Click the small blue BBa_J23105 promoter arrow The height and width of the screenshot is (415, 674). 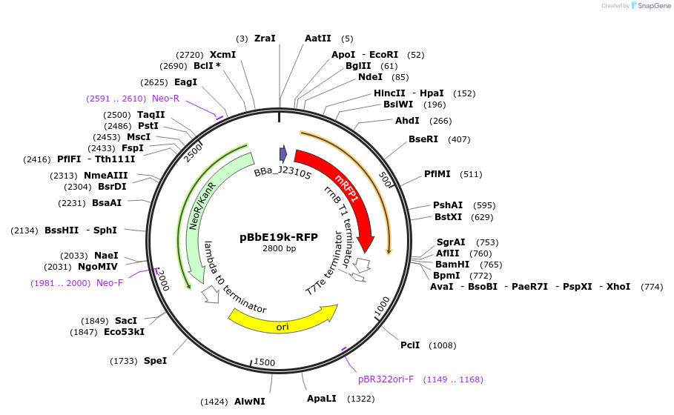(283, 153)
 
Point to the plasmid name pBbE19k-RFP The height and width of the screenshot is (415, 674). (279, 237)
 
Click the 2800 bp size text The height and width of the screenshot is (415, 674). (279, 249)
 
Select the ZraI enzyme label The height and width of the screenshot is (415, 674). (265, 38)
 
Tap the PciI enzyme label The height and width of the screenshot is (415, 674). (410, 345)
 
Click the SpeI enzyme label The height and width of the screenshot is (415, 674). (155, 360)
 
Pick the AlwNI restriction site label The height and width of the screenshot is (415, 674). (249, 401)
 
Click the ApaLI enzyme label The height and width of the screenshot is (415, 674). (321, 398)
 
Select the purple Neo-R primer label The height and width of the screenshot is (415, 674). (165, 99)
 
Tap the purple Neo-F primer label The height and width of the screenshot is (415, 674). (110, 282)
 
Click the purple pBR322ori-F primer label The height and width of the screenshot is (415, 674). (386, 379)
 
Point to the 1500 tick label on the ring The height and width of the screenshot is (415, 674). (265, 362)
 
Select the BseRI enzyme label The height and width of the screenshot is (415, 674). (423, 139)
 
